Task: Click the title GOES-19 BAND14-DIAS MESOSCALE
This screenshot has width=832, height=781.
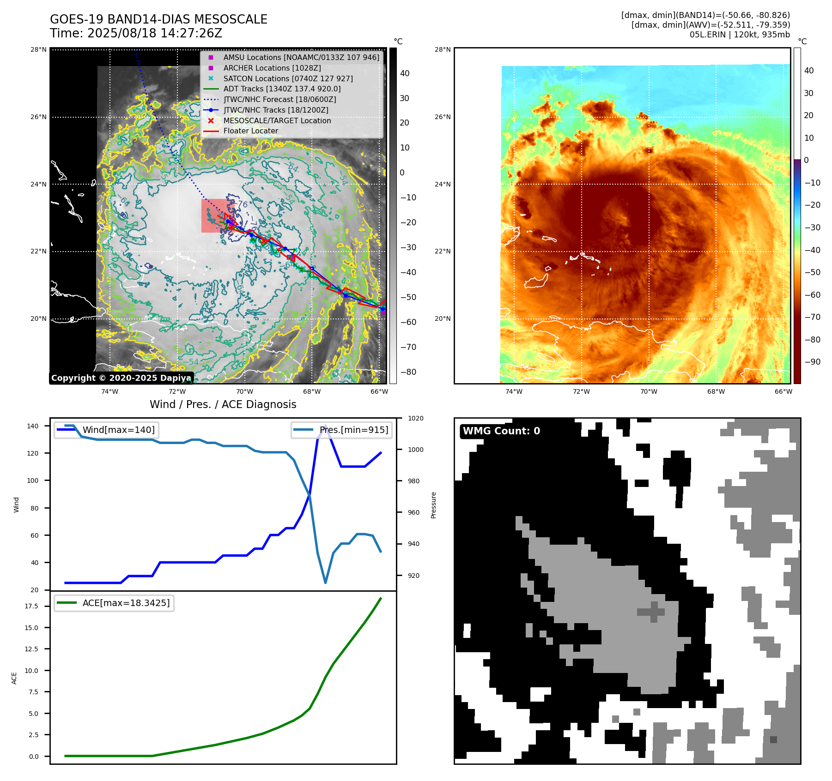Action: (x=158, y=19)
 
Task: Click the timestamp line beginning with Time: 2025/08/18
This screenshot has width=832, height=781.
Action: (x=136, y=33)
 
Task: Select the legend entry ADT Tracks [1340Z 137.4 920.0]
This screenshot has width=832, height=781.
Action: (x=282, y=89)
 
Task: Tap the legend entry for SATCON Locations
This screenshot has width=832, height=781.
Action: (x=288, y=78)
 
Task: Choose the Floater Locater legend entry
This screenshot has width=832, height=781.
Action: (x=250, y=131)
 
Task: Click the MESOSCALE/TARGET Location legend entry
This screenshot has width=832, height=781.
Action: (x=277, y=120)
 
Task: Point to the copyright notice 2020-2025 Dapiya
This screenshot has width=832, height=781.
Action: (x=121, y=378)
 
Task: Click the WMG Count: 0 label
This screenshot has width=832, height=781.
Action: (x=501, y=431)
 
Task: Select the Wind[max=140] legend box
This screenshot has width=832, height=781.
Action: (x=106, y=430)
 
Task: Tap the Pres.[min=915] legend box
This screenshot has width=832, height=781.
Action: (x=342, y=430)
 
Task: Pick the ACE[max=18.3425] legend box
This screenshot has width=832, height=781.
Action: (x=114, y=603)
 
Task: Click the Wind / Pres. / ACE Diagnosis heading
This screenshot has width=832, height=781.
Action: (x=223, y=404)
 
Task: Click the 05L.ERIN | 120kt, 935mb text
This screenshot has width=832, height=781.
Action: (x=740, y=35)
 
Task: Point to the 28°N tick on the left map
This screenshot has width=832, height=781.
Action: (x=39, y=50)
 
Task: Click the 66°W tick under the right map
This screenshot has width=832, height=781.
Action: (x=783, y=391)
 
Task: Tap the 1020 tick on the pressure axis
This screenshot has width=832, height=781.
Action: (x=416, y=418)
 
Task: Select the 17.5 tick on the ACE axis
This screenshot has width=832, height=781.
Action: (x=32, y=606)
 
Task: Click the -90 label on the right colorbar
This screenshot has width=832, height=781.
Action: (x=812, y=362)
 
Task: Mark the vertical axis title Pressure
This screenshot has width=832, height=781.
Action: (x=433, y=505)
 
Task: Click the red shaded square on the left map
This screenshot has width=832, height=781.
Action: (x=216, y=216)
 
